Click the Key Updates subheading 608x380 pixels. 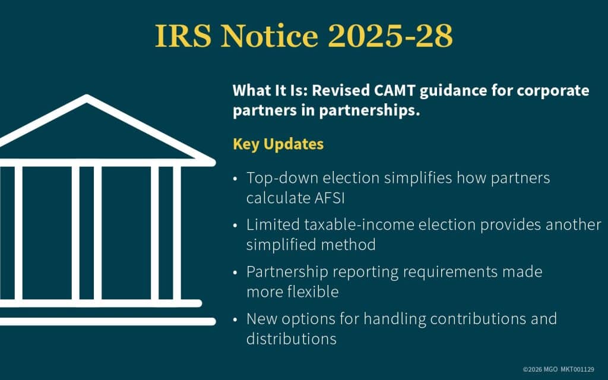pos(278,144)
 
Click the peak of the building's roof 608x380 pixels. pos(87,99)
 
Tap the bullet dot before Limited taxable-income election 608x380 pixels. pos(236,226)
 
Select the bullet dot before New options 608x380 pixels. pos(236,319)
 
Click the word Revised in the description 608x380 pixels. pos(344,91)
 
